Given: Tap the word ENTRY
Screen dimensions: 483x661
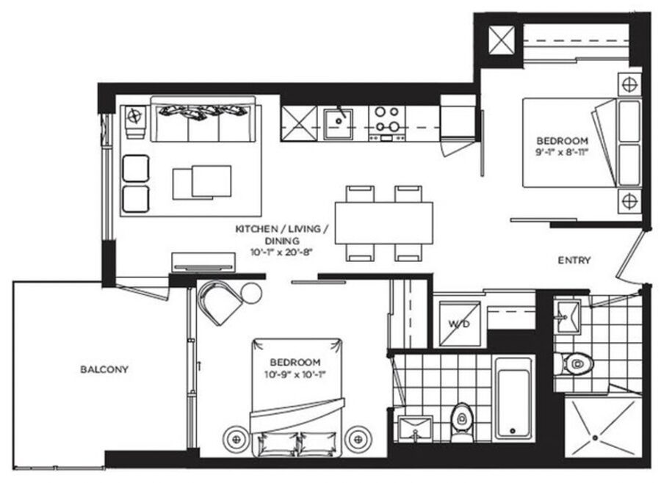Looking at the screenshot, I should pos(575,261).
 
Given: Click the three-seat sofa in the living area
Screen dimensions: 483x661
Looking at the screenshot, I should pos(203,121).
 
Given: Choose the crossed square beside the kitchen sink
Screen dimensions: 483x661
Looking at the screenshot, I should pos(298,122).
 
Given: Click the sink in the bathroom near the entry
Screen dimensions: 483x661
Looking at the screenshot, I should pos(567,316).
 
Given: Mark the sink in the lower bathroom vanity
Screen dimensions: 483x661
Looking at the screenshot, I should pos(414,428).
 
